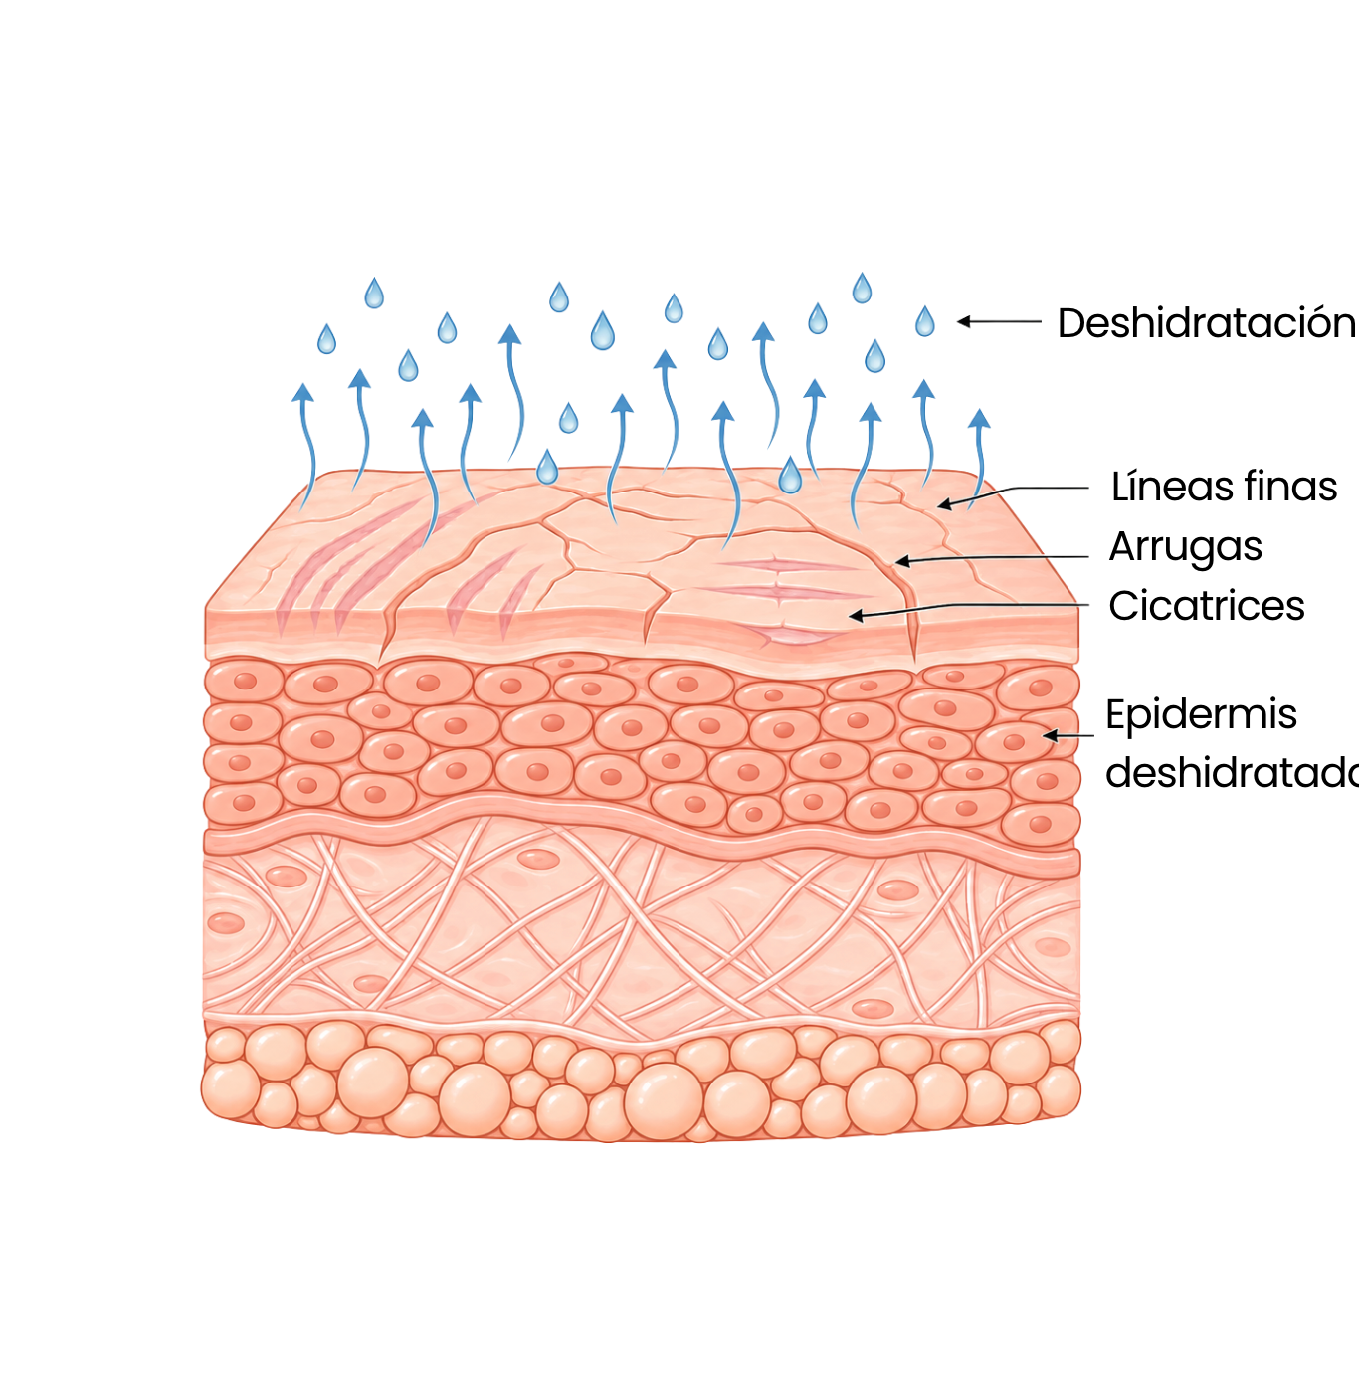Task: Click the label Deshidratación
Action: (x=1208, y=322)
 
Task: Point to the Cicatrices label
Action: (x=1207, y=605)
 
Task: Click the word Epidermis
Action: (x=1201, y=715)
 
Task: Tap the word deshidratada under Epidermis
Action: (x=1232, y=773)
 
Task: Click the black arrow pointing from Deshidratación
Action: (x=999, y=322)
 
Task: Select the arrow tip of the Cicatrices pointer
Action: (x=852, y=616)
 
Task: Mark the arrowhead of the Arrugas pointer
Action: (x=897, y=562)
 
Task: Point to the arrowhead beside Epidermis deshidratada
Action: (x=1045, y=735)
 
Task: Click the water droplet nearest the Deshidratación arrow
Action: (x=924, y=322)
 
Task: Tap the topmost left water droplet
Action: (x=373, y=294)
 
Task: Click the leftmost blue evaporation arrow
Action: (x=306, y=445)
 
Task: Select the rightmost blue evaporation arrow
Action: (x=978, y=458)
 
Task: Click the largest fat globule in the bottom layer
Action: (x=665, y=1102)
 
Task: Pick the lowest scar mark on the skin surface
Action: (x=789, y=634)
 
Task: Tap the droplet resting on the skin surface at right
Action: (x=790, y=476)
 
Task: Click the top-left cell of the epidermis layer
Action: (x=244, y=681)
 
